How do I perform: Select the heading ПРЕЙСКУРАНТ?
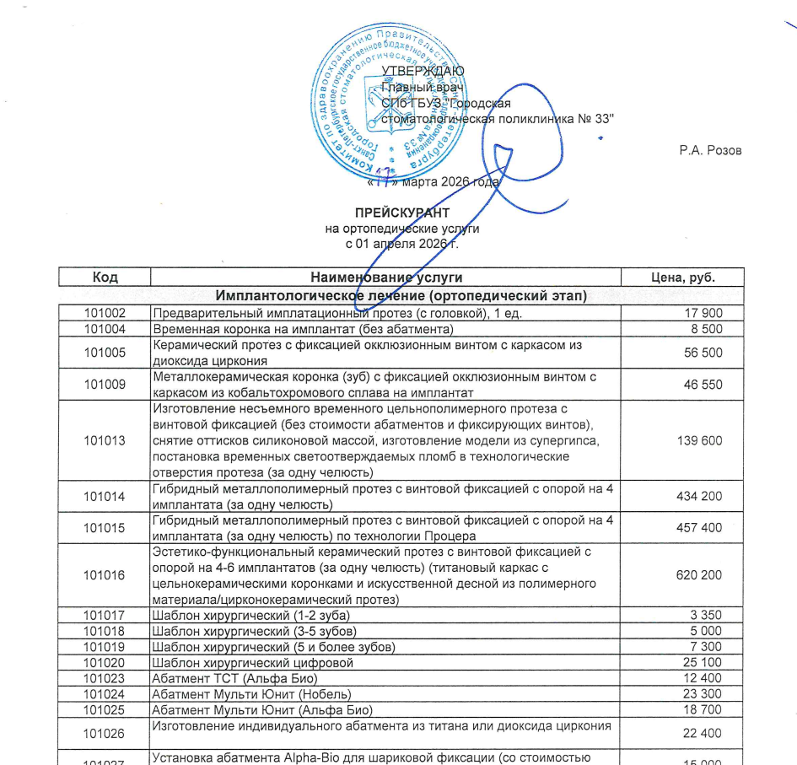(x=401, y=213)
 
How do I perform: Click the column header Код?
(x=105, y=277)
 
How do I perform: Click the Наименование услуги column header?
(x=386, y=277)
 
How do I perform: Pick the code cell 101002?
(x=105, y=313)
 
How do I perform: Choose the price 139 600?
(x=699, y=440)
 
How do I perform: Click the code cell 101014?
(x=105, y=496)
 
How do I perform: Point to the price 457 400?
(x=699, y=528)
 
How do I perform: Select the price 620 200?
(x=699, y=575)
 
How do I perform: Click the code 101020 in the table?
(x=105, y=662)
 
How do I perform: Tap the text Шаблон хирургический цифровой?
(x=252, y=662)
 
